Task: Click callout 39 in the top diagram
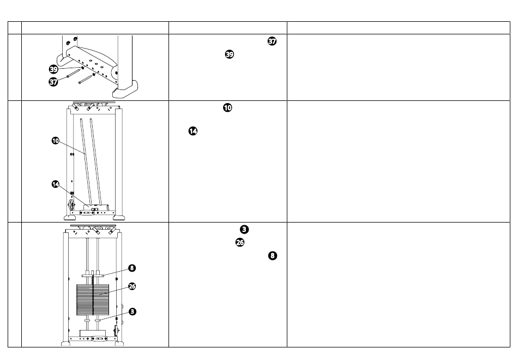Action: tap(53, 69)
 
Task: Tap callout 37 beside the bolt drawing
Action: tap(53, 81)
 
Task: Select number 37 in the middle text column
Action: tap(272, 41)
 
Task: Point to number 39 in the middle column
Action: tap(229, 54)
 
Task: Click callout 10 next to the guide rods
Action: tap(56, 141)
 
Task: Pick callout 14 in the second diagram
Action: tap(56, 184)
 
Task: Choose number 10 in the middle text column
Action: tap(227, 108)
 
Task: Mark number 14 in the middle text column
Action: tap(193, 131)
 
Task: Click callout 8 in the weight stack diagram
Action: tap(132, 268)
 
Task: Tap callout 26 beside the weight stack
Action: tap(132, 286)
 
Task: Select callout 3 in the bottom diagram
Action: tap(132, 311)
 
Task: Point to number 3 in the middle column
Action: tap(244, 230)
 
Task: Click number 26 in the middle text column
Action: tap(240, 243)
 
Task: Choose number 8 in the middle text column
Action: tap(273, 256)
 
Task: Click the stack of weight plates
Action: tap(93, 299)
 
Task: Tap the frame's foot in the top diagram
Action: tap(125, 89)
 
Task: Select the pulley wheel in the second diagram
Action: tap(71, 205)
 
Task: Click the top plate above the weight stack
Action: tap(93, 275)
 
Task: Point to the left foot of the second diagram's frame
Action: tap(70, 218)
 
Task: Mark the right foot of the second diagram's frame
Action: tap(119, 218)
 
